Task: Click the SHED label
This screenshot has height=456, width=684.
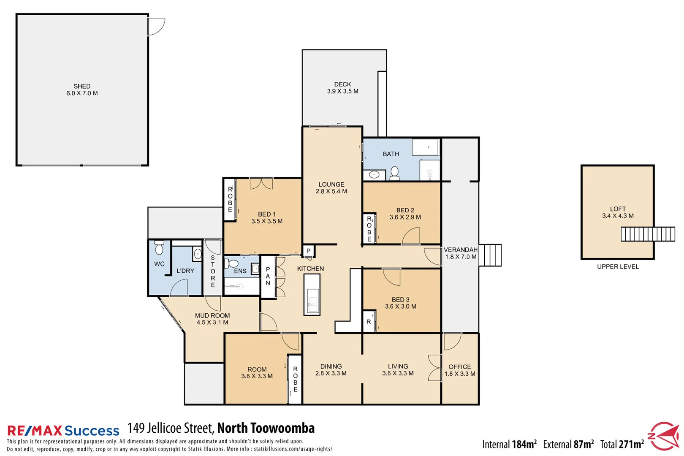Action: pos(82,86)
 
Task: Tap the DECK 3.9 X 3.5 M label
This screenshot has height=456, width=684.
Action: pos(342,88)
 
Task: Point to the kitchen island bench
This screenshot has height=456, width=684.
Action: pos(312,294)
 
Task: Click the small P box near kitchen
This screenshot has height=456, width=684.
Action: pos(308,251)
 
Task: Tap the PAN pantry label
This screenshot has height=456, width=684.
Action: pos(268,276)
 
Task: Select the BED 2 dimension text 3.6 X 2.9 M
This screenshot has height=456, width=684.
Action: pos(405,217)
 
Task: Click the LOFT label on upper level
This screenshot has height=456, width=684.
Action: pos(618,209)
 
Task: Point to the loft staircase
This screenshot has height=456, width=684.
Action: pos(648,234)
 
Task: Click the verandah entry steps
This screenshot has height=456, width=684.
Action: pos(491,255)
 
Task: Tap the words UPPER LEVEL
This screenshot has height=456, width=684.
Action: pos(618,267)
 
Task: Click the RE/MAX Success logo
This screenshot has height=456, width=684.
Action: pos(63,431)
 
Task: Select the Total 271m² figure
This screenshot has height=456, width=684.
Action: pos(622,444)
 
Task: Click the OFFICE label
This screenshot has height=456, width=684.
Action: pos(459,367)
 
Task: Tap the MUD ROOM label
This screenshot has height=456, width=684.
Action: pos(212,315)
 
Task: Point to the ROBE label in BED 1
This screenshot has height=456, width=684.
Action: pos(230,199)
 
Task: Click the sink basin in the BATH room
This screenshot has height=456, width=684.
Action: pos(374,174)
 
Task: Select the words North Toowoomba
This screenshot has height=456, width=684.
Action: pos(266,428)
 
